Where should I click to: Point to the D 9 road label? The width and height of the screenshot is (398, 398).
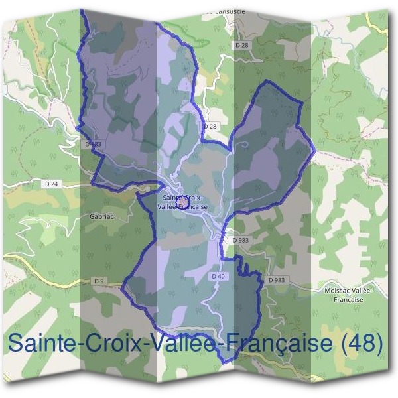pos(99,281)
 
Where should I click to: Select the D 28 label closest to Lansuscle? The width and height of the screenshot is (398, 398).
pos(241,45)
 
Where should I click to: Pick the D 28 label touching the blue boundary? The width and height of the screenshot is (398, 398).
pos(210,126)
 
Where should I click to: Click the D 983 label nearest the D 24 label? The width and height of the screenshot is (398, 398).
pos(93,143)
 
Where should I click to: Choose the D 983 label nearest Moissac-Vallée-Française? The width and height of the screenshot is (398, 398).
pos(277,281)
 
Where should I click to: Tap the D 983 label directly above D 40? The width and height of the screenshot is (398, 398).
pos(239,240)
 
